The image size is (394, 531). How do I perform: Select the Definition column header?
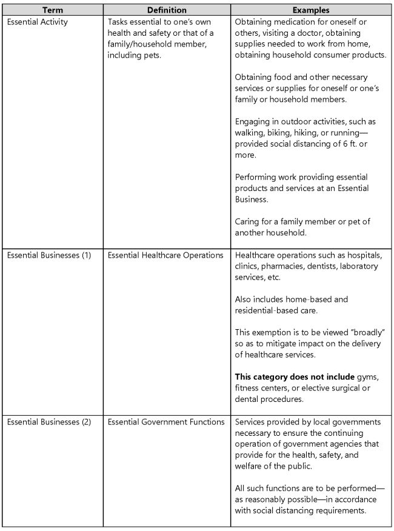(166, 10)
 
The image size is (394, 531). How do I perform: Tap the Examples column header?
(311, 10)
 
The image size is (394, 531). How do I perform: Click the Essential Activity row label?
(38, 22)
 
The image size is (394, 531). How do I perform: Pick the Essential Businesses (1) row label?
(49, 255)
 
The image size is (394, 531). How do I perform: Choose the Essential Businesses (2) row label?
(49, 422)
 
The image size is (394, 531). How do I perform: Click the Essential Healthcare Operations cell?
(165, 255)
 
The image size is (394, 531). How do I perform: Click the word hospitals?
(366, 255)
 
